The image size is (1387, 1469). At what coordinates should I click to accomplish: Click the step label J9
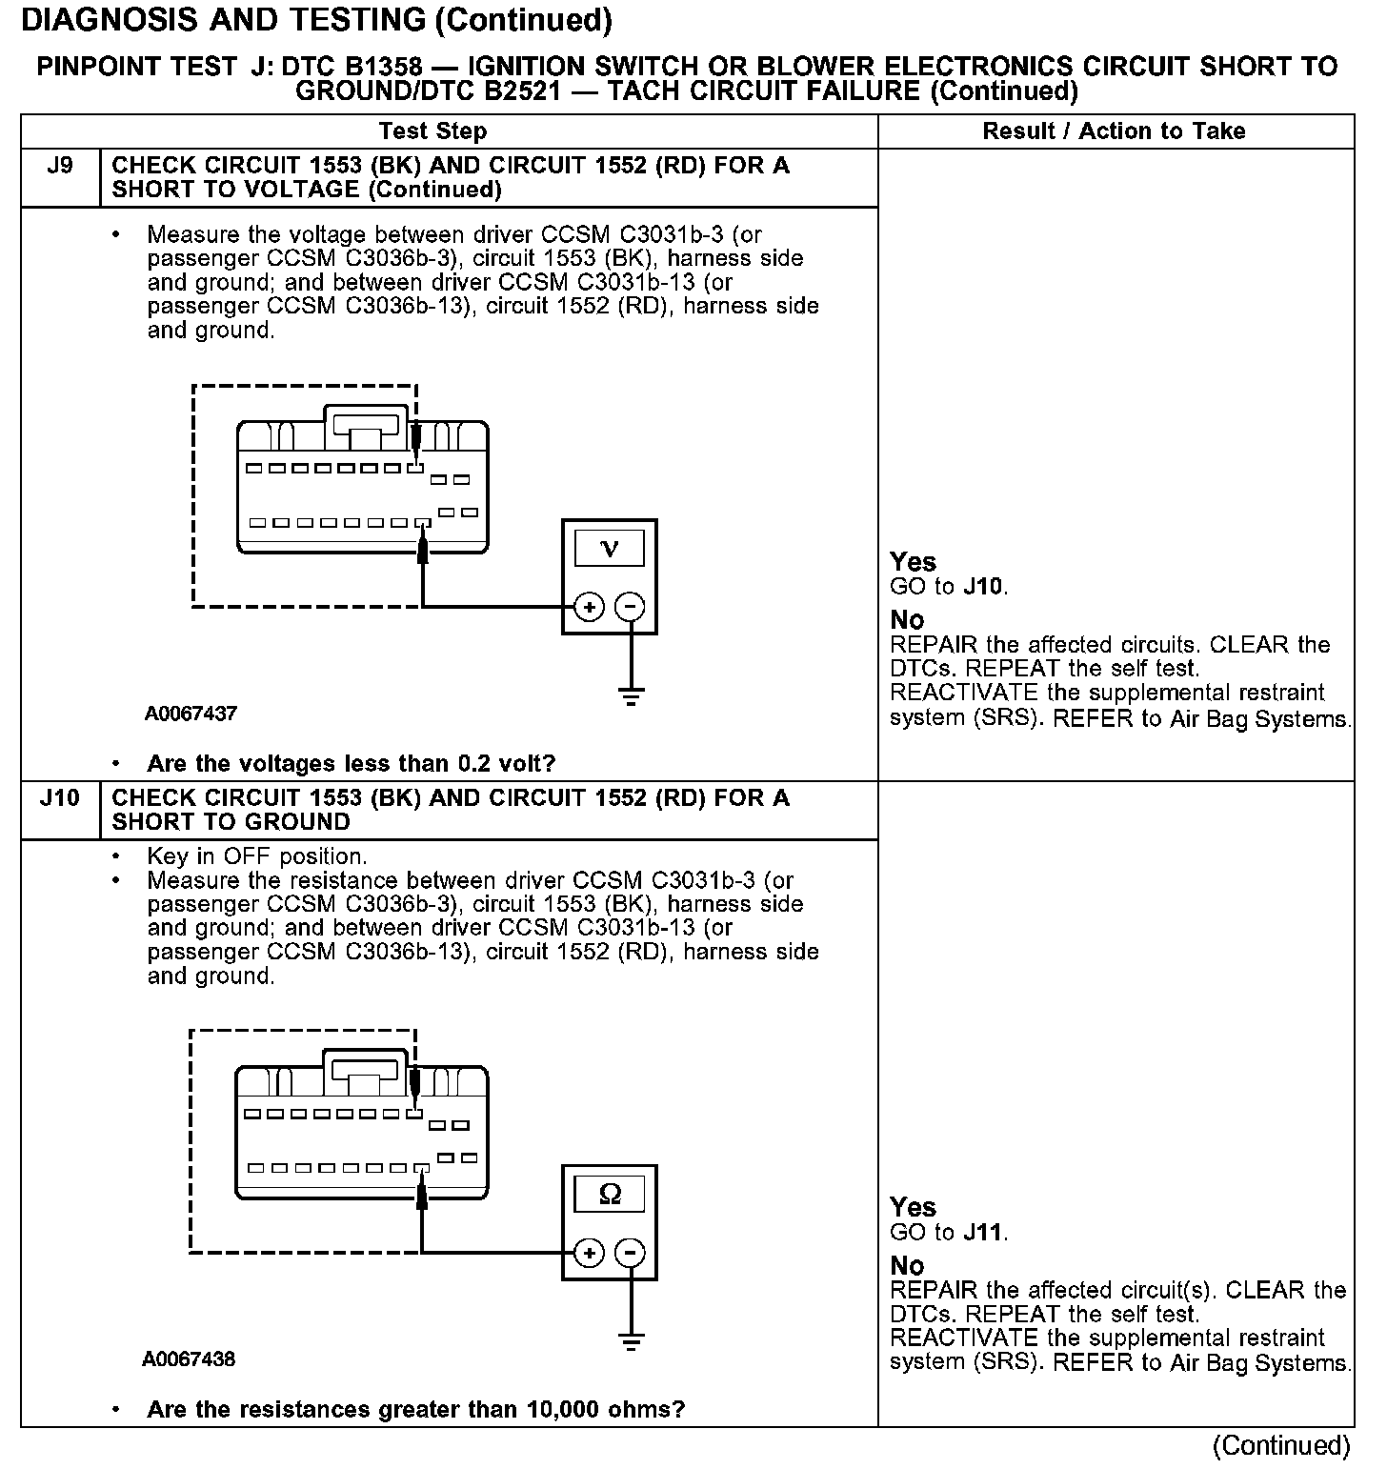click(59, 166)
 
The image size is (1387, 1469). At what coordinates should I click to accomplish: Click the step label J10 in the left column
click(59, 798)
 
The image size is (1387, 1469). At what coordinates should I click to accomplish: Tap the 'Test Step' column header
click(432, 131)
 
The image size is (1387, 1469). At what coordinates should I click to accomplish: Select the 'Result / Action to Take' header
click(1114, 131)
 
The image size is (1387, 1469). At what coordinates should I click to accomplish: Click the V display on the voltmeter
click(610, 549)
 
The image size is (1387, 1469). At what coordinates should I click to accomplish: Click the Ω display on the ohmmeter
click(610, 1195)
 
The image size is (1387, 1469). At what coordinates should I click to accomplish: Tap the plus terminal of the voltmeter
click(590, 607)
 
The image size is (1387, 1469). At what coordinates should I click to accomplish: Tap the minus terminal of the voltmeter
click(630, 607)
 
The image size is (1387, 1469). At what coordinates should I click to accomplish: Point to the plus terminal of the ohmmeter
click(590, 1253)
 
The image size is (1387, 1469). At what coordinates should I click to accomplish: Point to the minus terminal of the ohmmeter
click(630, 1253)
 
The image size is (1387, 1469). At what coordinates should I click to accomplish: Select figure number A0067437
click(191, 714)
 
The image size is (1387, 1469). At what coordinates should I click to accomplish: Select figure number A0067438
click(189, 1359)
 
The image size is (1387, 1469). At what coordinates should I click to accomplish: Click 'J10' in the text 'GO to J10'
click(984, 587)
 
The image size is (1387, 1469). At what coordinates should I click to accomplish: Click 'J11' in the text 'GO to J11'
click(984, 1233)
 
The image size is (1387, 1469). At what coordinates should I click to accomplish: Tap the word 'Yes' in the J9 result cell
click(913, 562)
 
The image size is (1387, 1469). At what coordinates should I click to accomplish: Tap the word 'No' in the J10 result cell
click(907, 1266)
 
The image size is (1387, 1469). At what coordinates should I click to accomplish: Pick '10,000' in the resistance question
click(565, 1410)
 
